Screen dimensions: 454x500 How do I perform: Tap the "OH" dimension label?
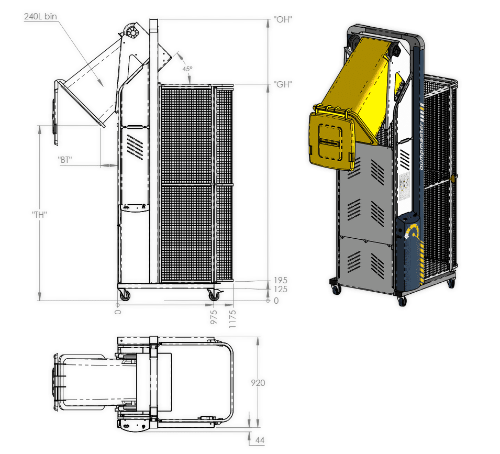(x=283, y=19)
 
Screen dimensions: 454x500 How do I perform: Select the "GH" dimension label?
(x=283, y=84)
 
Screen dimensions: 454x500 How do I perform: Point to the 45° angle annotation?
(x=187, y=69)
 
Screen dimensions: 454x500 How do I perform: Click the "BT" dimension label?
(x=65, y=159)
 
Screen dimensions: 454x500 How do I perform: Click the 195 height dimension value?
(x=280, y=281)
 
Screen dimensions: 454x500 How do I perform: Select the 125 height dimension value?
(x=280, y=289)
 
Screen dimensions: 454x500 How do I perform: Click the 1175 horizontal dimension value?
(x=232, y=318)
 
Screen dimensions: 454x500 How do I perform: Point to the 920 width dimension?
(x=258, y=383)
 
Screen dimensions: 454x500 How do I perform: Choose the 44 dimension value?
(x=260, y=440)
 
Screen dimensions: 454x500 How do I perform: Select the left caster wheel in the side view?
(x=124, y=296)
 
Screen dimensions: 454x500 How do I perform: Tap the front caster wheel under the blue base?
(x=402, y=301)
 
